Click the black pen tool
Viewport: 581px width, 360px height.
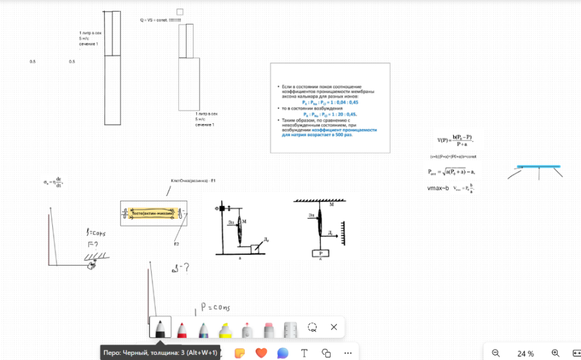tap(160, 328)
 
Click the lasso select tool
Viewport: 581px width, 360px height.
tap(312, 327)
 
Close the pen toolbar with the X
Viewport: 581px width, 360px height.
tap(334, 327)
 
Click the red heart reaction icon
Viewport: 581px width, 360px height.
tap(261, 353)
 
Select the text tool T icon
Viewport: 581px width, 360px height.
tap(304, 353)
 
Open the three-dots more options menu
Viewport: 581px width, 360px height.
tap(348, 353)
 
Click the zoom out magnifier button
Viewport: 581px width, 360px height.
tap(496, 353)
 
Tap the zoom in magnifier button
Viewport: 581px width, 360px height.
tap(555, 353)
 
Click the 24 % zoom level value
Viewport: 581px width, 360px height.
tap(525, 354)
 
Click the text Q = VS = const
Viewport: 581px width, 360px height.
tap(160, 21)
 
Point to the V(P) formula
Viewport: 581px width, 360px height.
tap(454, 141)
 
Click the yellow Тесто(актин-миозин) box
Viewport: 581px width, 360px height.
tap(153, 213)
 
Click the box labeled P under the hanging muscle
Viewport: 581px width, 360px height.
tap(320, 253)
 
